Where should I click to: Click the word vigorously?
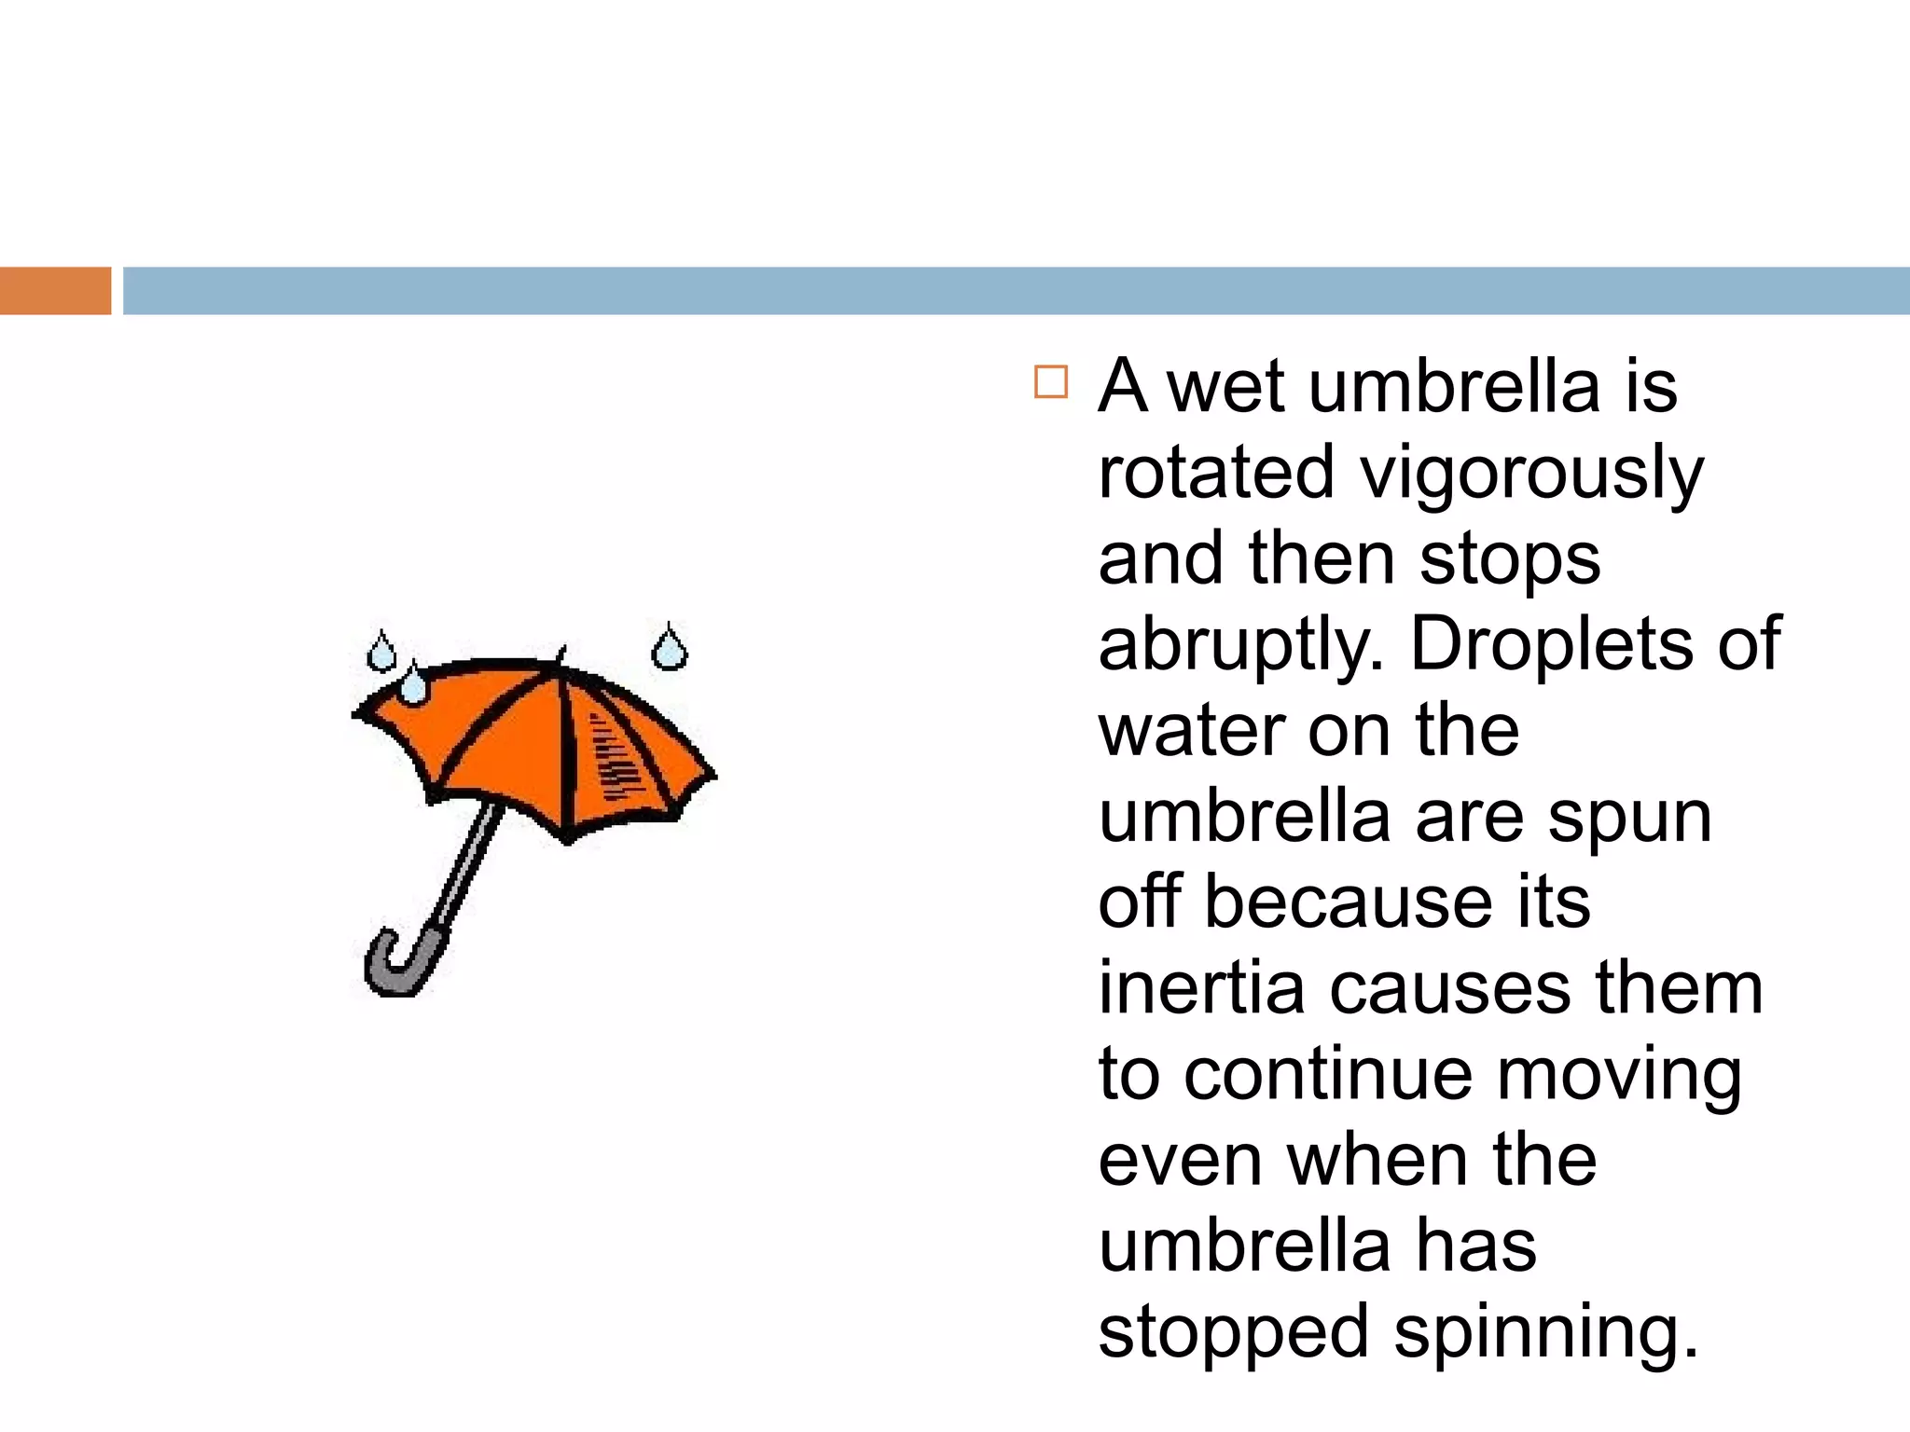click(x=1531, y=473)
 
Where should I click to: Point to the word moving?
click(x=1619, y=1076)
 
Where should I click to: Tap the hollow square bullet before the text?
click(x=1051, y=383)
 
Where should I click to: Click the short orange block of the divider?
click(x=55, y=291)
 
